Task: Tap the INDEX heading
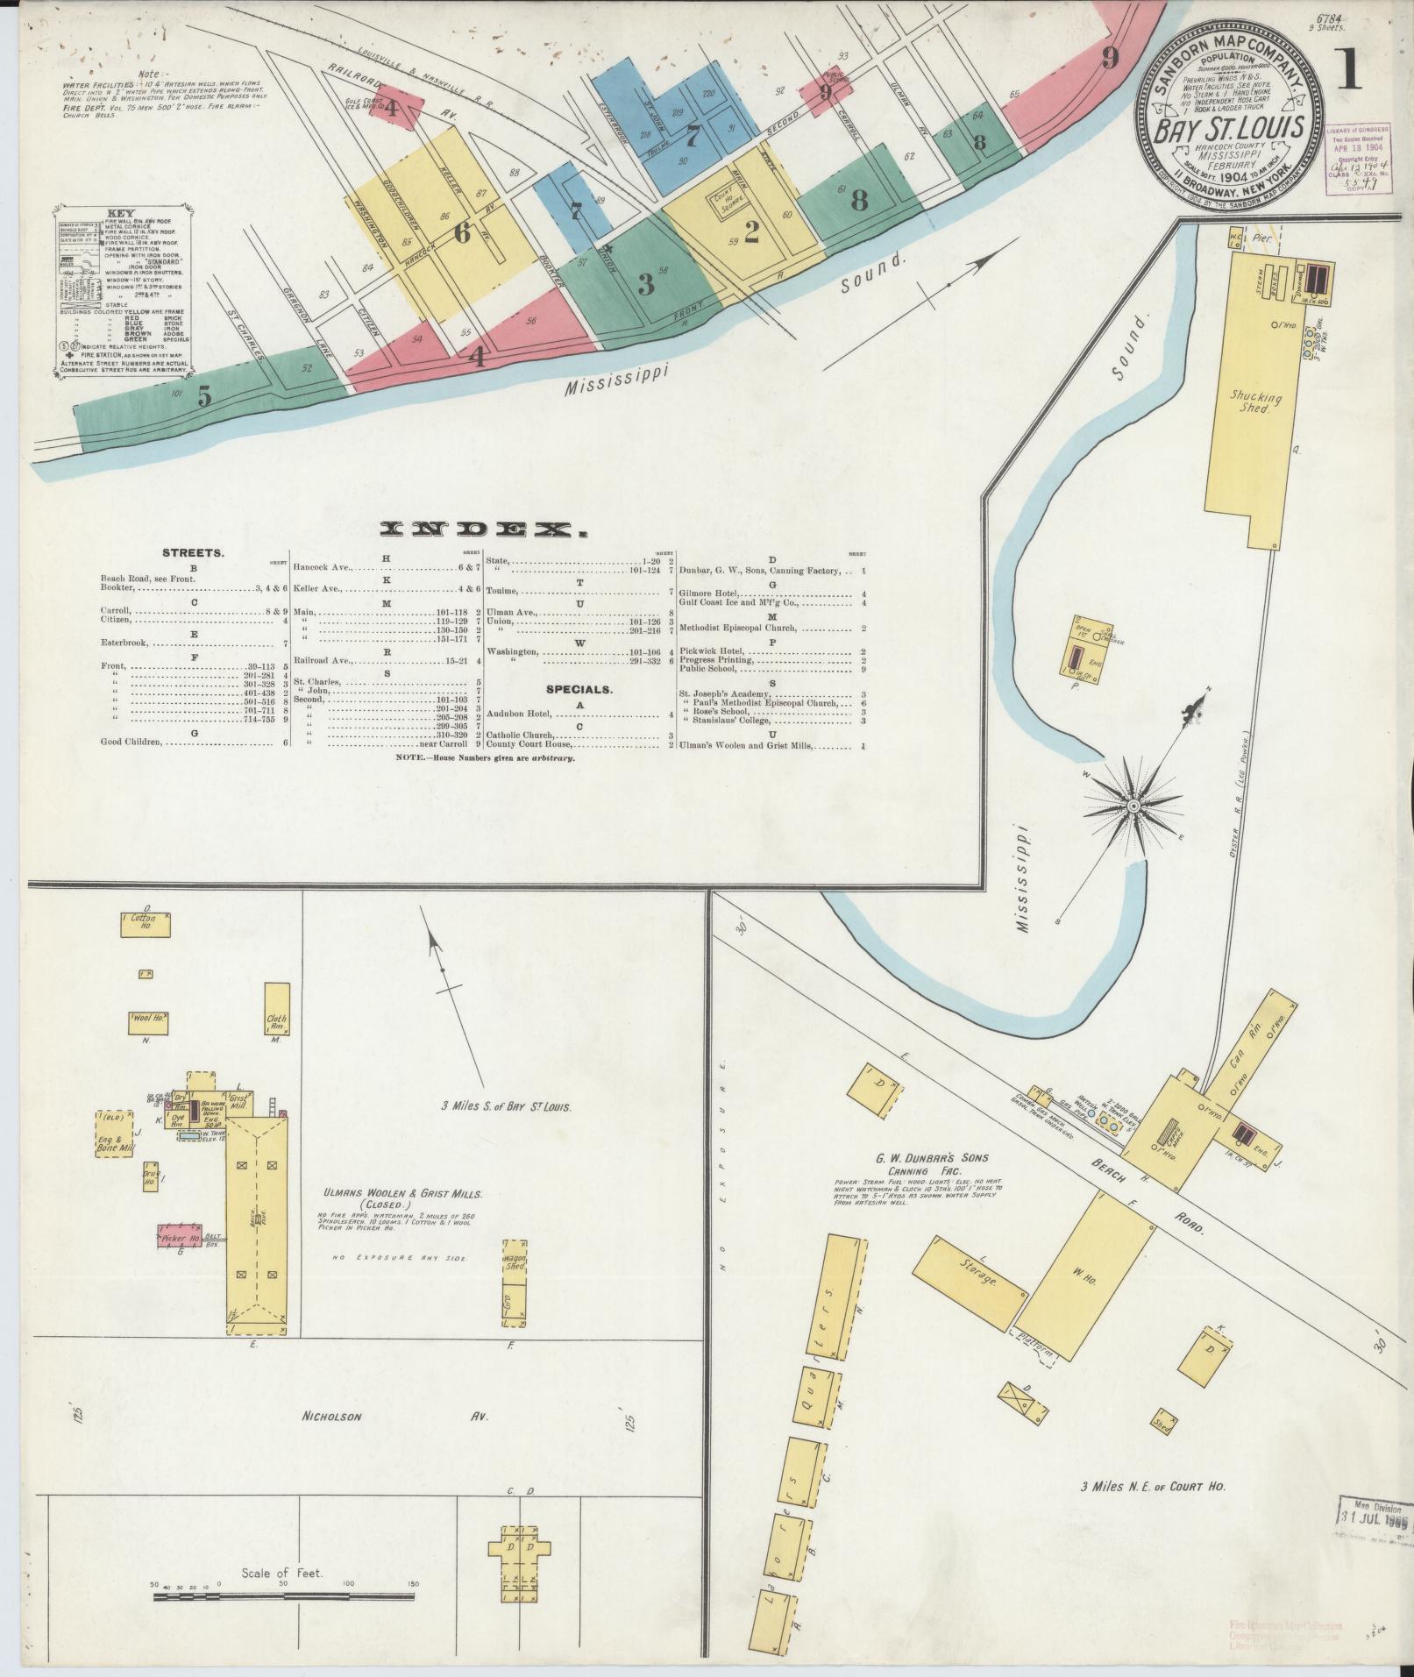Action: coord(483,529)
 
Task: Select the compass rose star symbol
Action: coord(1133,805)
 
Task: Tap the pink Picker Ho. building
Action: coord(181,1237)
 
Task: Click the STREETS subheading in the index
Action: coord(192,553)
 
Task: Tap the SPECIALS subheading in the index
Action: coord(579,690)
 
